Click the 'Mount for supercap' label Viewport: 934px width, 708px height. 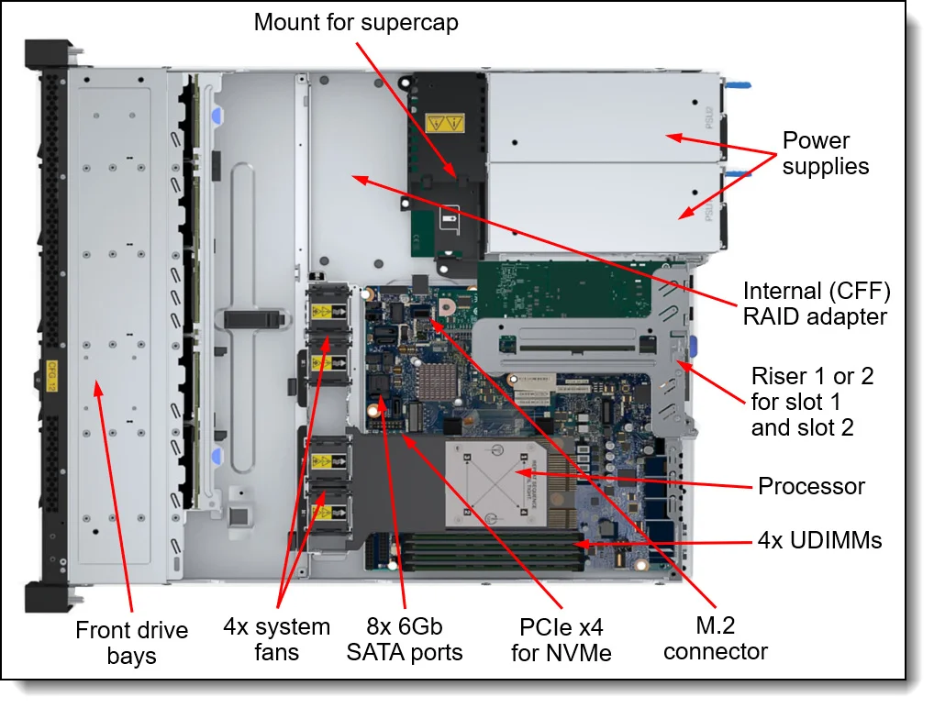356,22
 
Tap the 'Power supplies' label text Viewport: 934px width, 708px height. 825,154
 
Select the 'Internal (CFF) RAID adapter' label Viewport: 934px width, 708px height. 816,304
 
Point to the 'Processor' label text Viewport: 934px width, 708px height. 811,486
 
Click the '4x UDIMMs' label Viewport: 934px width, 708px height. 820,540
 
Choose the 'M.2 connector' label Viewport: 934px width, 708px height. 715,639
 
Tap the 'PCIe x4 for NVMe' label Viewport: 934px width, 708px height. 561,640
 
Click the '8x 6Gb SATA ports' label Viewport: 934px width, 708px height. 405,640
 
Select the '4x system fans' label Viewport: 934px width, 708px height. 276,640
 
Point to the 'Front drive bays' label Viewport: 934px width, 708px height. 131,643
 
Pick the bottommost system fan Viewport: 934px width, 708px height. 328,510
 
